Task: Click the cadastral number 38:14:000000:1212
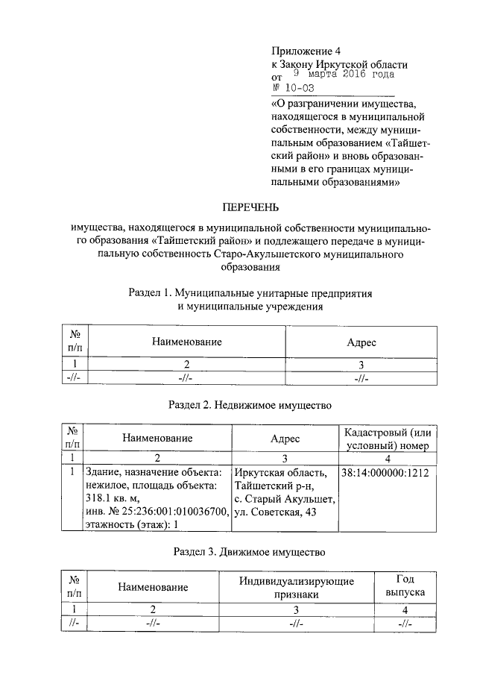[x=386, y=473]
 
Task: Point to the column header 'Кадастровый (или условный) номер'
[x=385, y=439]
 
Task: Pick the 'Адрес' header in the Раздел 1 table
[x=362, y=342]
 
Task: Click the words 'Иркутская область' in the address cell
[x=281, y=473]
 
